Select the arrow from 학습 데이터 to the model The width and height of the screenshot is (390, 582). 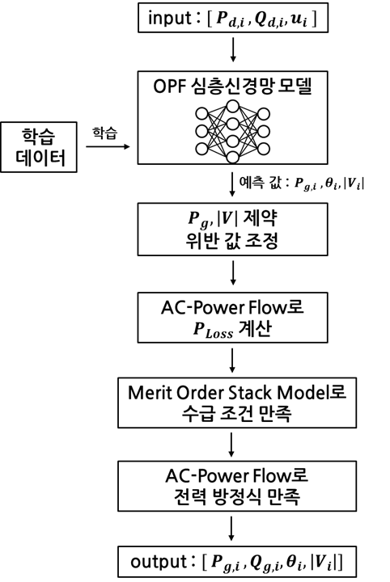(x=108, y=146)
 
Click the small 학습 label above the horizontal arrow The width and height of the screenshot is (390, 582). (x=104, y=133)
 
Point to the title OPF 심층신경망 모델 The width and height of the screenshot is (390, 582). (x=232, y=86)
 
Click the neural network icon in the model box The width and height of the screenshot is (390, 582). (x=232, y=132)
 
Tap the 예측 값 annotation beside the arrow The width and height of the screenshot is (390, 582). (x=302, y=183)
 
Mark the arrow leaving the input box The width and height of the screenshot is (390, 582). (x=233, y=48)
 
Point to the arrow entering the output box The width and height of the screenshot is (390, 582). (x=231, y=529)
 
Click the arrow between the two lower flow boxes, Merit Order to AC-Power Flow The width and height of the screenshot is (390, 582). (x=231, y=445)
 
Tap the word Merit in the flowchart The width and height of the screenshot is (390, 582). (x=150, y=393)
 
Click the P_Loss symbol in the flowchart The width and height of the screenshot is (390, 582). (x=213, y=330)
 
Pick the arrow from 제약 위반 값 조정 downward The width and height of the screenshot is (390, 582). (x=233, y=273)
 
